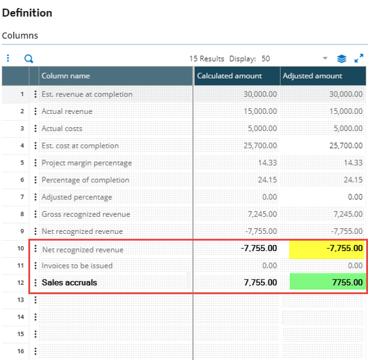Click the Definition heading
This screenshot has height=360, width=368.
27,13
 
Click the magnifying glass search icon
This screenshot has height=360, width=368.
29,58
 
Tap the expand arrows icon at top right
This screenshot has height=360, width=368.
359,58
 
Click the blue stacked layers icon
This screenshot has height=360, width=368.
342,58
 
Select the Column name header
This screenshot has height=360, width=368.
65,76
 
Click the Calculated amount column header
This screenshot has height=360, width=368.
230,76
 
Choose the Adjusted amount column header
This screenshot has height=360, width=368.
313,76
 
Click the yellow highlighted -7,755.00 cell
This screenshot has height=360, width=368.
327,249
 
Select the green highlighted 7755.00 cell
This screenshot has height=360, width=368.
327,282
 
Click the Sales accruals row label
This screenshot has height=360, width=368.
70,282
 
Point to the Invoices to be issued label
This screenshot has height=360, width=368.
77,266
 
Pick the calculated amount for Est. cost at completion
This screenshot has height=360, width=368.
260,146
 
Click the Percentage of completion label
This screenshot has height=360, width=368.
86,180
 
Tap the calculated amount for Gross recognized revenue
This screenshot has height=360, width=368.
262,214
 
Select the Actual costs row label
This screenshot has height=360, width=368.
62,129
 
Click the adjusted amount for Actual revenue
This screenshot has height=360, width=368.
346,111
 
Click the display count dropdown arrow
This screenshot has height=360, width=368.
325,58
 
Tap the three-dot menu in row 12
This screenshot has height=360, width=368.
36,282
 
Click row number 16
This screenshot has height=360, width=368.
21,351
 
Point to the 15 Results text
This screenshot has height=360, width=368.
207,58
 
